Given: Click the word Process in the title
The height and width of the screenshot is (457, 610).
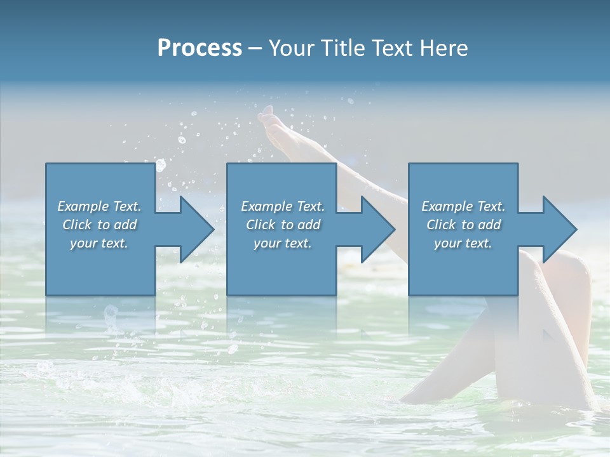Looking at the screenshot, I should pyautogui.click(x=200, y=48).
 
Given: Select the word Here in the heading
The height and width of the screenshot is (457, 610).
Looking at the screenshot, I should pyautogui.click(x=443, y=48).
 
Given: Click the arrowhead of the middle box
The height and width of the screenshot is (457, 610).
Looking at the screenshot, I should pyautogui.click(x=377, y=229).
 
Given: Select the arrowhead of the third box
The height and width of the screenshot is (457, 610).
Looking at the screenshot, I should pyautogui.click(x=559, y=229).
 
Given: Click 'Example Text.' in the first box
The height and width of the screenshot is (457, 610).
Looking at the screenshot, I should pyautogui.click(x=99, y=206).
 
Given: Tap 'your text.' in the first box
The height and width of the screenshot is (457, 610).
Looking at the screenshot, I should pyautogui.click(x=99, y=243).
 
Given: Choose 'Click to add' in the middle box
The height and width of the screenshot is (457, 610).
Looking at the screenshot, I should pyautogui.click(x=283, y=225).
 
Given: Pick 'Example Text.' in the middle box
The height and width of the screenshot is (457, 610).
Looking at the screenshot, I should pyautogui.click(x=283, y=206).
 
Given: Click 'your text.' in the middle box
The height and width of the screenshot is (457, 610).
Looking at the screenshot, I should pyautogui.click(x=283, y=243).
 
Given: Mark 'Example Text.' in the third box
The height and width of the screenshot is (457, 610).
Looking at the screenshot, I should pyautogui.click(x=463, y=206).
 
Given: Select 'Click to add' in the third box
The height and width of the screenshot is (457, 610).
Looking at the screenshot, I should pyautogui.click(x=463, y=225).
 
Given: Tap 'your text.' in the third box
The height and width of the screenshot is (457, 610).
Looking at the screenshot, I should pyautogui.click(x=463, y=243).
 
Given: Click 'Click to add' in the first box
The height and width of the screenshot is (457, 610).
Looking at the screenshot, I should pyautogui.click(x=99, y=225).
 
